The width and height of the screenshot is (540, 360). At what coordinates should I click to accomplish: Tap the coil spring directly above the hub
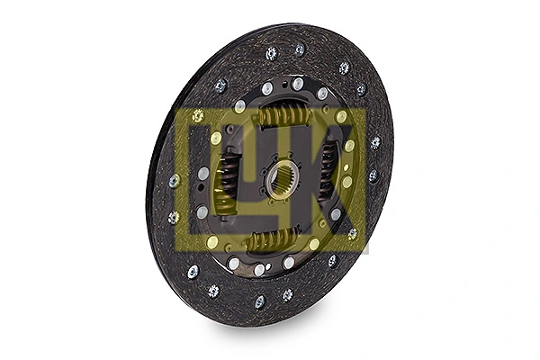[283, 115]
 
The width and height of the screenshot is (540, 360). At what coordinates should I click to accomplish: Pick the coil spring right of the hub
[327, 171]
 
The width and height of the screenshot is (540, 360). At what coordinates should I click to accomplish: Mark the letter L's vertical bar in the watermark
[201, 180]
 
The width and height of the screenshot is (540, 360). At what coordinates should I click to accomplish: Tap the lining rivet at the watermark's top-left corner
[198, 116]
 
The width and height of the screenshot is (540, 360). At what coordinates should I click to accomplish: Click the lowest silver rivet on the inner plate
[259, 269]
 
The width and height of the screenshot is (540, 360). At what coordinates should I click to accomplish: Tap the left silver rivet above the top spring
[267, 88]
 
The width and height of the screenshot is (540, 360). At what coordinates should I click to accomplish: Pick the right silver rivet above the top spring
[298, 84]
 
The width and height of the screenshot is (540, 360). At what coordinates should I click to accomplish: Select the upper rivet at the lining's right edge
[375, 142]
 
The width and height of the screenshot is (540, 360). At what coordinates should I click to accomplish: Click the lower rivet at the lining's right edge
[373, 176]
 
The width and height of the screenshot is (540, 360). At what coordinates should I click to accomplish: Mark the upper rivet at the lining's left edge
[175, 180]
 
